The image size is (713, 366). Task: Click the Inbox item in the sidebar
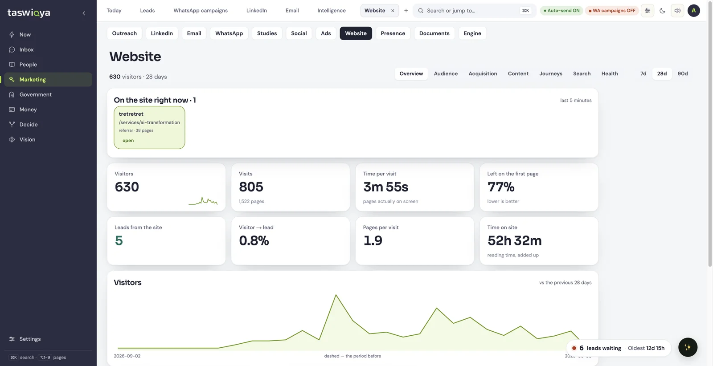[26, 49]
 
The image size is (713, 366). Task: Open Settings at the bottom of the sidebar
[30, 339]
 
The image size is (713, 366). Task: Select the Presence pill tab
[393, 33]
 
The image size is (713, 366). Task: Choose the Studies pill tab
[267, 33]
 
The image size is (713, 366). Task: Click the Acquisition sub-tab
[483, 73]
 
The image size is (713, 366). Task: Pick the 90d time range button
[682, 73]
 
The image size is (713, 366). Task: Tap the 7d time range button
[643, 73]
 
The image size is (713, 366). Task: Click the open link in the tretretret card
[128, 141]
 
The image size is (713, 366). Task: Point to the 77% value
[501, 187]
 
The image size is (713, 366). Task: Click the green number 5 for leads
[119, 241]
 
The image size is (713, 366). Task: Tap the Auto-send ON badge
[561, 11]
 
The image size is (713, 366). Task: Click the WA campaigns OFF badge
[612, 11]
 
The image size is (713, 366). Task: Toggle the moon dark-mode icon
[662, 11]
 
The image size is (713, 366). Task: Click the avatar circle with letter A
[693, 11]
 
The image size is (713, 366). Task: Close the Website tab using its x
[393, 11]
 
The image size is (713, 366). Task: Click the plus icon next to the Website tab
[406, 11]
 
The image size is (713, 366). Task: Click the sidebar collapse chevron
[84, 13]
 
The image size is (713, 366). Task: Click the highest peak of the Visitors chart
[336, 295]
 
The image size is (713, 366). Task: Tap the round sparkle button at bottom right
[688, 347]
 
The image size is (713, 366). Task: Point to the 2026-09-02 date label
[127, 356]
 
